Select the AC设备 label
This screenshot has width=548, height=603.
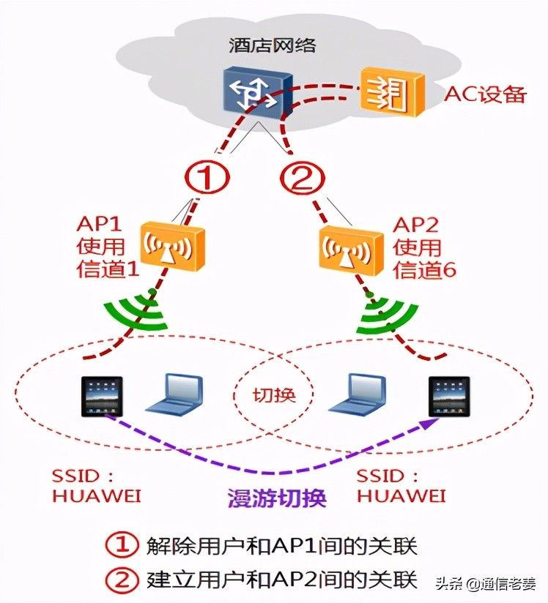[x=485, y=94]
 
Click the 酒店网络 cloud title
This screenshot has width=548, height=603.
[x=272, y=45]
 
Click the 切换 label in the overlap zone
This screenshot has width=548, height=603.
[x=274, y=395]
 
